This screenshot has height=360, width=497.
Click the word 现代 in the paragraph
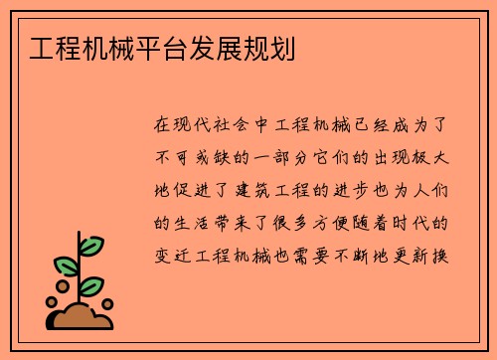pyautogui.click(x=197, y=126)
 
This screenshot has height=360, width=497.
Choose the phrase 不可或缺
pyautogui.click(x=197, y=157)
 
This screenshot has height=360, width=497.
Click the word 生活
pyautogui.click(x=197, y=219)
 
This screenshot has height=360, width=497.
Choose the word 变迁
pyautogui.click(x=174, y=250)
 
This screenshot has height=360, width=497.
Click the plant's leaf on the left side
pyautogui.click(x=66, y=266)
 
